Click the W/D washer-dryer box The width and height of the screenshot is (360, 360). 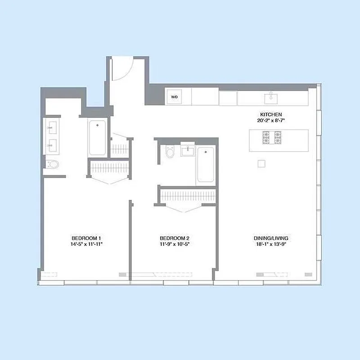tap(173, 96)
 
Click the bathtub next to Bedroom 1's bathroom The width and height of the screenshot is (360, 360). tap(97, 137)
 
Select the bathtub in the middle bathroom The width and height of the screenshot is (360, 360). tap(206, 165)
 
